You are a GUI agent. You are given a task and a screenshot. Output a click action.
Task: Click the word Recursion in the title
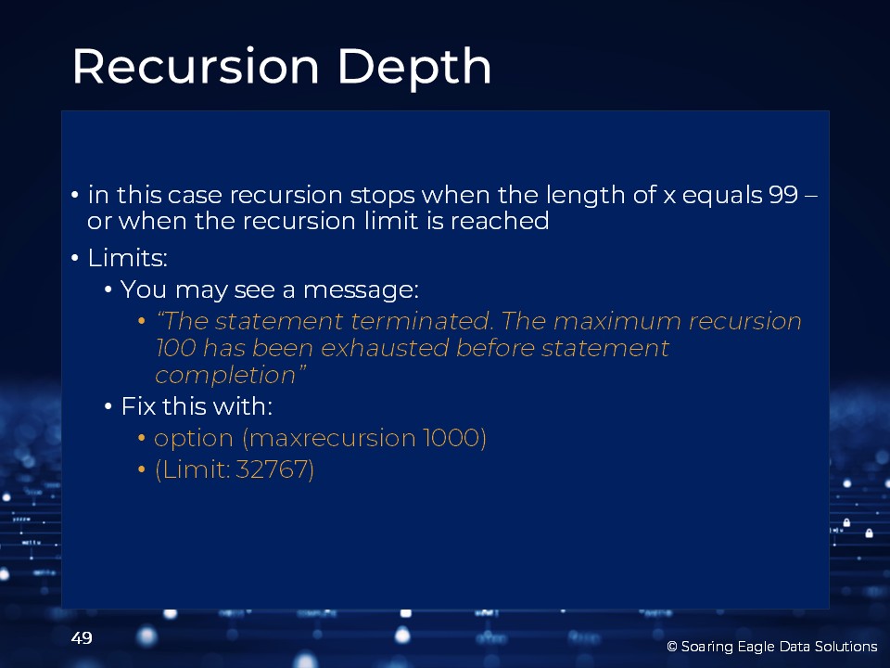coord(196,67)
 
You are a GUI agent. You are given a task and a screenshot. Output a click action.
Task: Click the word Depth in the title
coord(414,68)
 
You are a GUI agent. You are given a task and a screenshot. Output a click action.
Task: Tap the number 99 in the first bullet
coord(784,195)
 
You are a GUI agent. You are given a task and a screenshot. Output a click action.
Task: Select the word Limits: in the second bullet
coord(127,258)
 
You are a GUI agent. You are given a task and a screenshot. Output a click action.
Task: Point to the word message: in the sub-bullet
coord(361,289)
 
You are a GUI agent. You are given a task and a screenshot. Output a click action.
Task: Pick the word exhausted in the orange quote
coord(385,348)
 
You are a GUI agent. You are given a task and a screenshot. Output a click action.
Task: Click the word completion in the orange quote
coord(225,375)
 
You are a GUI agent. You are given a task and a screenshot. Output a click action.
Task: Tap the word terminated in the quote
coord(421,321)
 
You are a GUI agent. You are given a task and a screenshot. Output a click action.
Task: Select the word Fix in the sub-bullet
coord(138,406)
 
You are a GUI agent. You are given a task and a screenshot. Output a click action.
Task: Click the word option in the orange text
coord(194,439)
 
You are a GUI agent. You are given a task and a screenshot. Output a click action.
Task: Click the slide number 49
coord(82,638)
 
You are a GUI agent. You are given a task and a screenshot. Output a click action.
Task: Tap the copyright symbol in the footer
coord(672,647)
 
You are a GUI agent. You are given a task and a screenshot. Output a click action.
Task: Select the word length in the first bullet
coord(585,195)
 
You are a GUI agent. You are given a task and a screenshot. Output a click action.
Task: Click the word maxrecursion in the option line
coord(332,438)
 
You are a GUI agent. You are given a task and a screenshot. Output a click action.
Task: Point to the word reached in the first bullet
coord(500,221)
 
